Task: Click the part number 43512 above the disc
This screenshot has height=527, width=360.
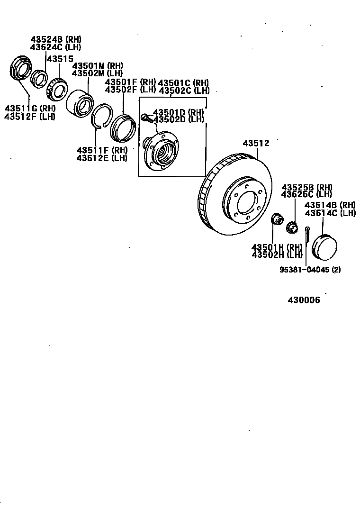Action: tap(256, 143)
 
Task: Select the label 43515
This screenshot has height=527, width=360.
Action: tap(60, 59)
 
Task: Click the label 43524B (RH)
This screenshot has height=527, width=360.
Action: tap(56, 39)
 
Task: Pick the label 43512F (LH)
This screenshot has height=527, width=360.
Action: tap(30, 117)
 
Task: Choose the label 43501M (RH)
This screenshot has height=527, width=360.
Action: tap(97, 65)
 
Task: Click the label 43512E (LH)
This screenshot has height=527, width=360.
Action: tap(102, 158)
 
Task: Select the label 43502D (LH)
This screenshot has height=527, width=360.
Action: tap(178, 120)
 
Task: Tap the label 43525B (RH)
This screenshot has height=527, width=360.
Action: tap(307, 187)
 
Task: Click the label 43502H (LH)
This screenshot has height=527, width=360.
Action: tap(277, 254)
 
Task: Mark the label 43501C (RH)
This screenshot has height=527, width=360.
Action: tap(183, 82)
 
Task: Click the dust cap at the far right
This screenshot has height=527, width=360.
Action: tap(324, 247)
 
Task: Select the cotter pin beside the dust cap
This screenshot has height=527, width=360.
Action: tap(308, 233)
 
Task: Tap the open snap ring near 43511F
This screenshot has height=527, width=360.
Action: tap(100, 116)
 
